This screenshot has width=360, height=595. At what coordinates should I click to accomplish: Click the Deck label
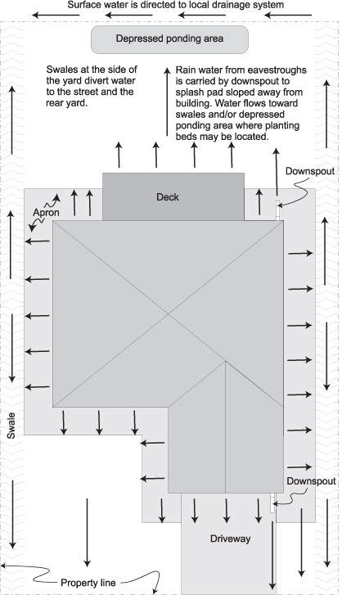[167, 197]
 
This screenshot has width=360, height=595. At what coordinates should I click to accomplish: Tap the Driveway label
[230, 539]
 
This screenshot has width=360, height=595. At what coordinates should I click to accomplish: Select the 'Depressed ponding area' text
[169, 38]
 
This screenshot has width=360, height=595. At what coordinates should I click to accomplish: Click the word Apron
[46, 213]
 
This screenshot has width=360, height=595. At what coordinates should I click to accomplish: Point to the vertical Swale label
[11, 426]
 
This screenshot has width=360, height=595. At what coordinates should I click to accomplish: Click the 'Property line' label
[88, 583]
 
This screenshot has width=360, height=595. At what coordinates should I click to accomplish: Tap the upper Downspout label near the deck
[310, 171]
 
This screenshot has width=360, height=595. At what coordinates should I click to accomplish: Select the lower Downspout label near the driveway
[311, 481]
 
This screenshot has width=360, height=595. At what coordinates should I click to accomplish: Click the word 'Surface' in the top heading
[83, 5]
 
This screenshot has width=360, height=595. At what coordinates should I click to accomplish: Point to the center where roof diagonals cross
[169, 313]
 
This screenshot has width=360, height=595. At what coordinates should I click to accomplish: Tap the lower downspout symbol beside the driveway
[272, 503]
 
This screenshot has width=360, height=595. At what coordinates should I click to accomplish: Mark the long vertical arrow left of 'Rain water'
[167, 101]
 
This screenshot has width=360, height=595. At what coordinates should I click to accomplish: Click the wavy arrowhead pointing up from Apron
[57, 197]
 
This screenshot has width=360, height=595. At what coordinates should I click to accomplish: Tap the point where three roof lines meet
[225, 361]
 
